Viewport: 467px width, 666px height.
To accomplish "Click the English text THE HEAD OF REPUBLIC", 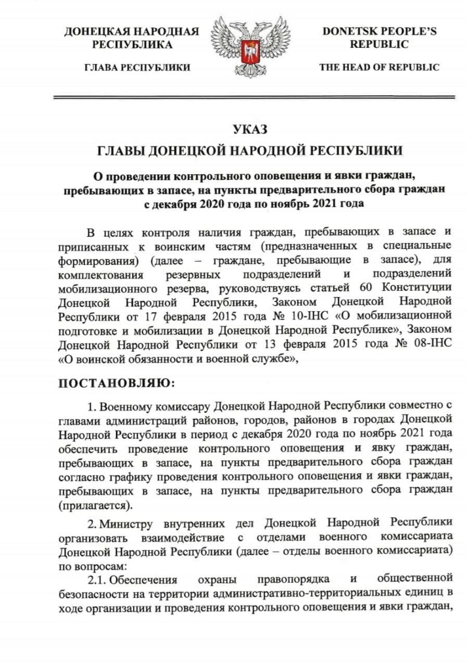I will coord(379,67).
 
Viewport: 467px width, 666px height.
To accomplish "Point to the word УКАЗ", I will coord(250,129).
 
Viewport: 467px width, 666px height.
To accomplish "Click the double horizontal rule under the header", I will coord(254,97).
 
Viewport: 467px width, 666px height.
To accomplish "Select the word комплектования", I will coord(99,274).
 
